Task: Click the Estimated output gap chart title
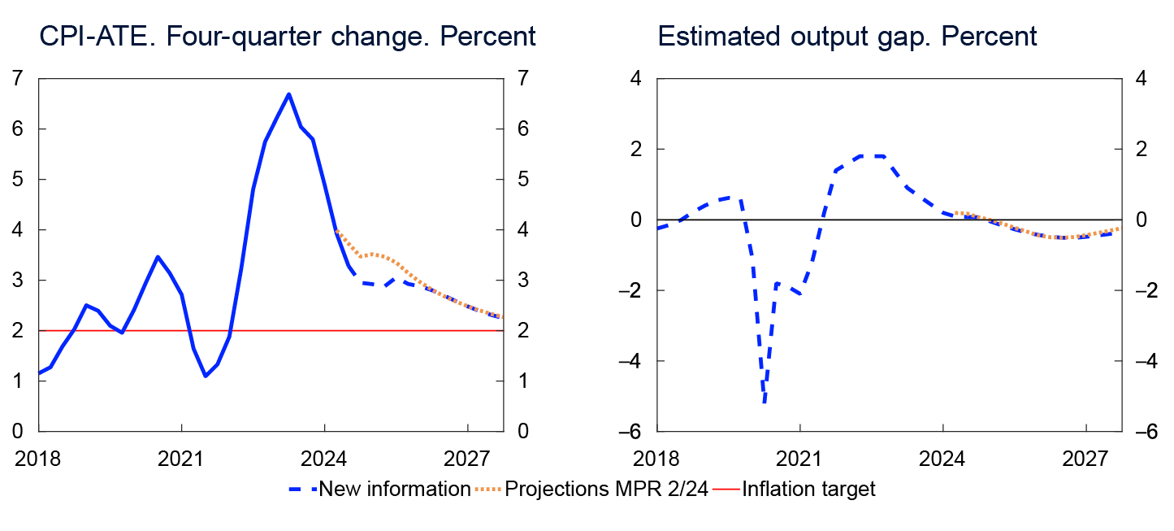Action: tap(847, 37)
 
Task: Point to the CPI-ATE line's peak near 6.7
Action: tap(288, 94)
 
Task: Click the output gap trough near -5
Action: tap(765, 402)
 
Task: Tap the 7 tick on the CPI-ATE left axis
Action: tap(18, 79)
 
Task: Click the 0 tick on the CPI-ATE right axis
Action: tap(522, 431)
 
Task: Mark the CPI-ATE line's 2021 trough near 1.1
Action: tap(205, 376)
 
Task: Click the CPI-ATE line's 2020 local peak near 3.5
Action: tap(158, 257)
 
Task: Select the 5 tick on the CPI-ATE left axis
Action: tap(18, 180)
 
